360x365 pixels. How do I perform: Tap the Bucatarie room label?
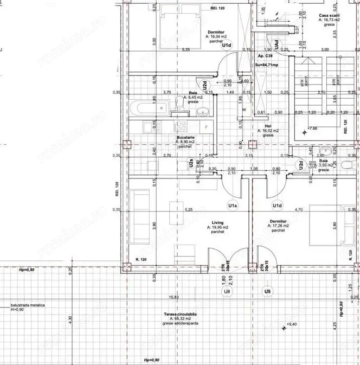(x=185, y=137)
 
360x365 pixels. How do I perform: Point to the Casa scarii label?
(x=330, y=15)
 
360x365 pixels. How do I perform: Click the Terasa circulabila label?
(x=181, y=315)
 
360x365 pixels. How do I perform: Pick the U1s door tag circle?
(x=232, y=206)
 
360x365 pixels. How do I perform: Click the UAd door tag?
(x=277, y=43)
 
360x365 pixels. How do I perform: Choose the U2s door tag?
(x=191, y=163)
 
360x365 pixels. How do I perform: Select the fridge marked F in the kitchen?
(x=207, y=127)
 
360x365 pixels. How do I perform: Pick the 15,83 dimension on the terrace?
(x=173, y=297)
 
